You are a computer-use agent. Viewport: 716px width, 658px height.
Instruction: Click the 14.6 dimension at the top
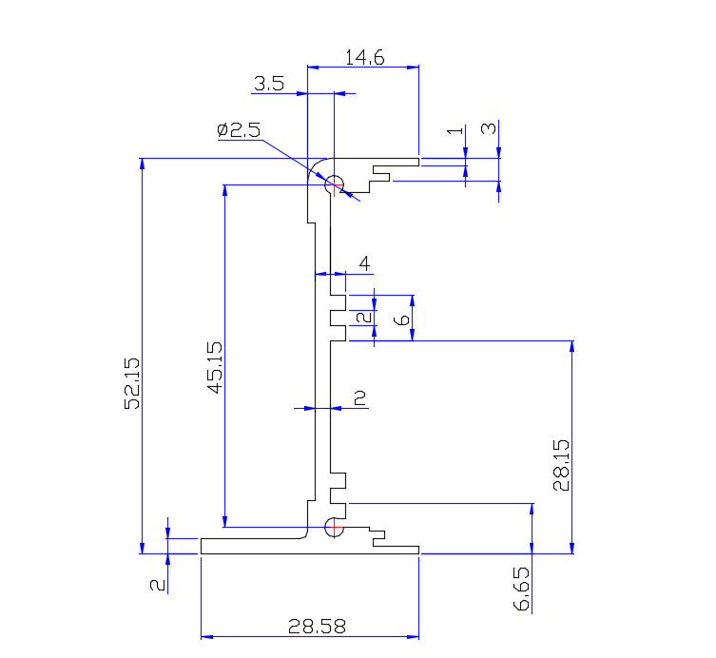pos(364,57)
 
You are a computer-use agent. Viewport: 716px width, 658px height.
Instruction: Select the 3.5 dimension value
pos(269,84)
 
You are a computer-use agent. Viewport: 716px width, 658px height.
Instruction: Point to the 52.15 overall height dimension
pos(132,382)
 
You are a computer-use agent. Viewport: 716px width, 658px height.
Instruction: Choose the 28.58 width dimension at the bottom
pos(317,627)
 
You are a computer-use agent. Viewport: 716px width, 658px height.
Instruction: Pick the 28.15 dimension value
pos(561,464)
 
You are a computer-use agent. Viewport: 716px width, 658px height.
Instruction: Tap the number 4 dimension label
pos(363,263)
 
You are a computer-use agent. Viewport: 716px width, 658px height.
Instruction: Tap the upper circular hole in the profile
pos(334,184)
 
